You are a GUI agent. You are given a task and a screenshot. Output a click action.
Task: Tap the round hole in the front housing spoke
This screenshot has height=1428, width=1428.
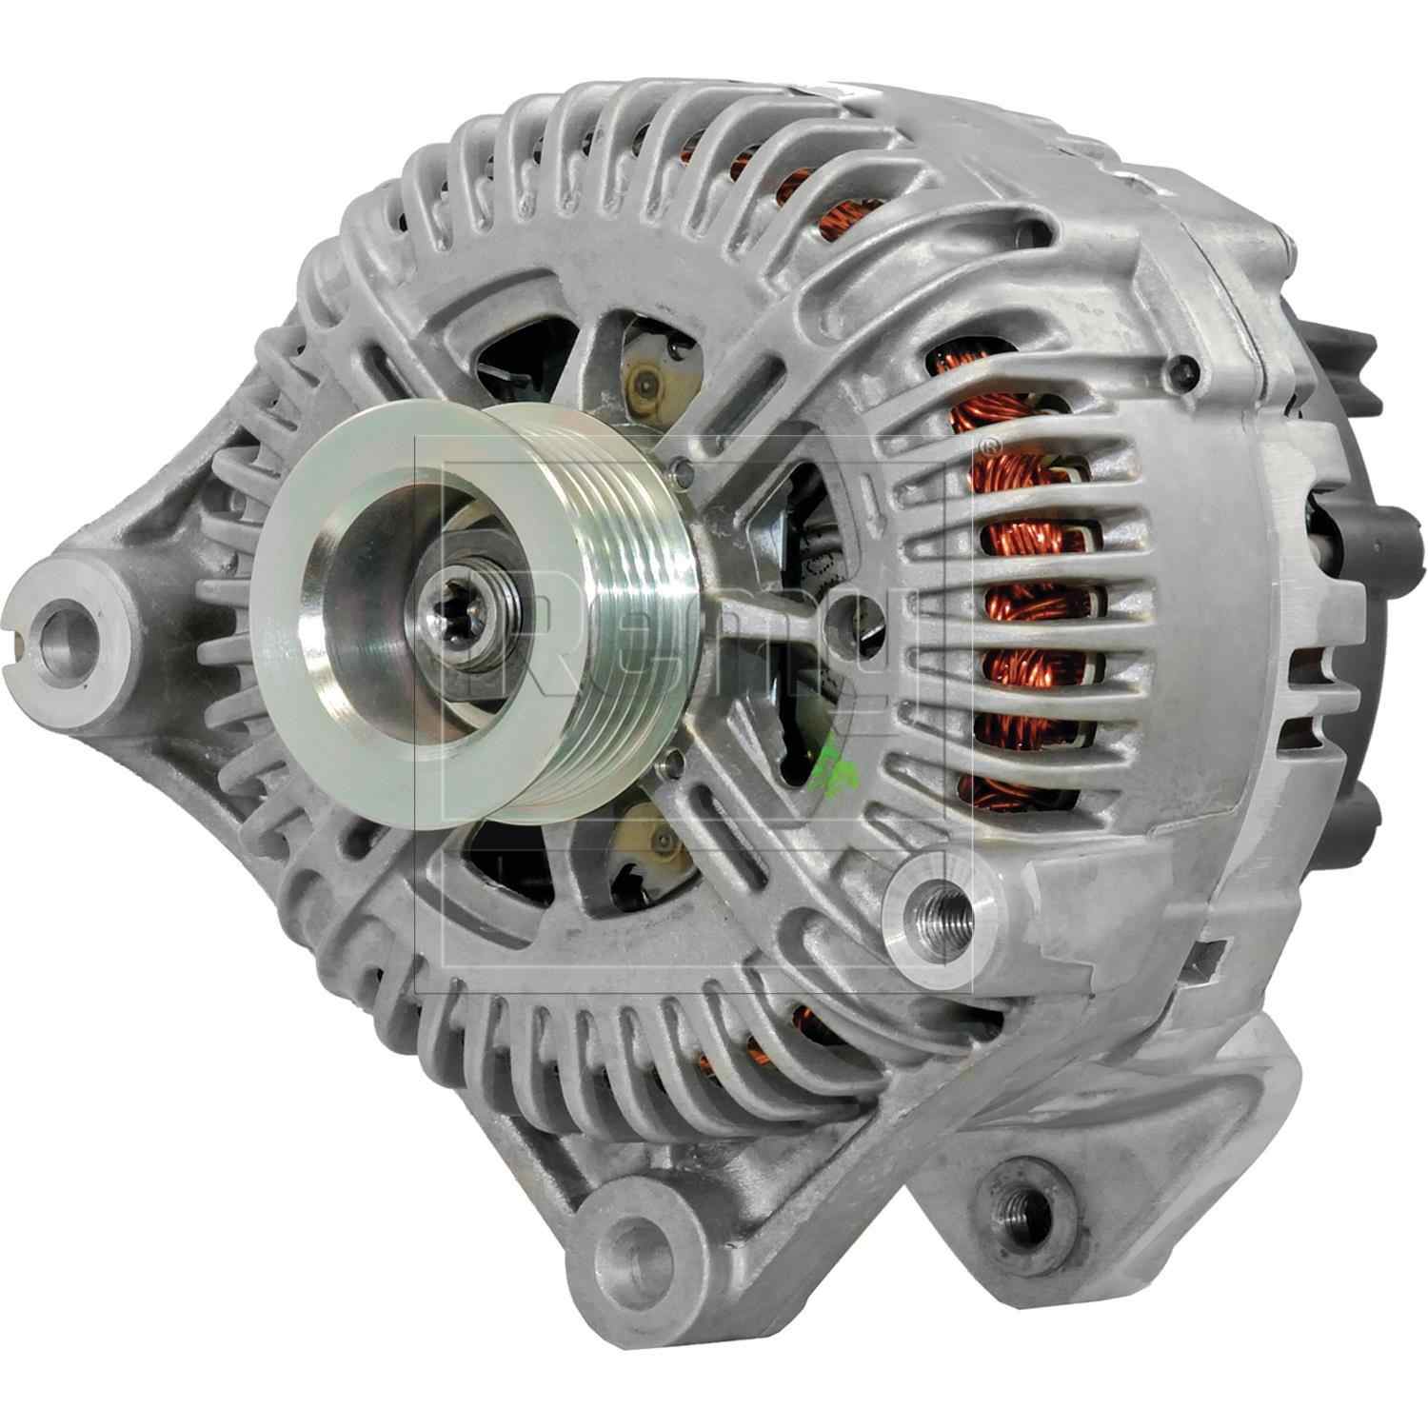838,610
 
